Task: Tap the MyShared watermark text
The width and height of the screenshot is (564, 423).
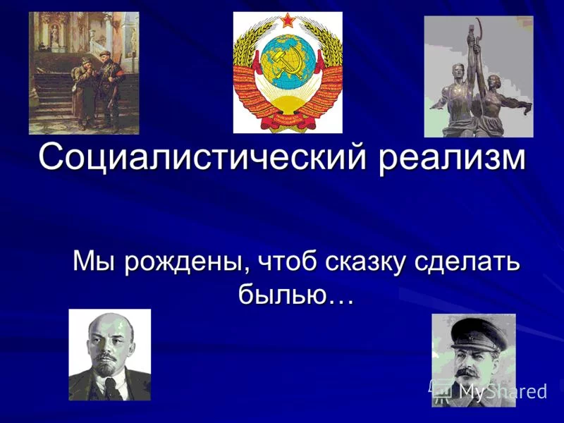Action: [503, 391]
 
